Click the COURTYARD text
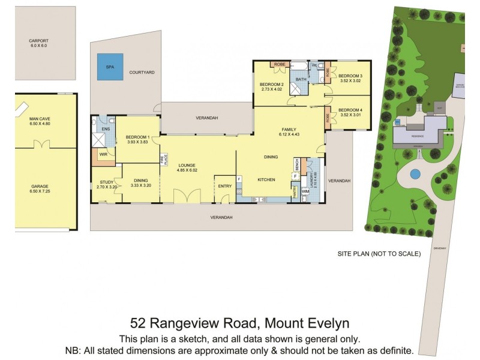142,72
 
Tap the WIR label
103,154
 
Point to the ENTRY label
224,186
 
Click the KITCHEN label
266,179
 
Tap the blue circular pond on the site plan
413,175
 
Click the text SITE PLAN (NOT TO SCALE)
379,254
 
